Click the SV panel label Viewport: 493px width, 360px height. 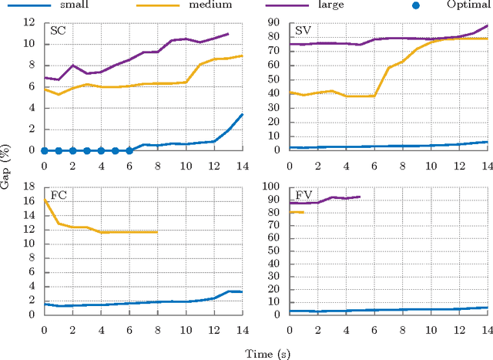click(303, 32)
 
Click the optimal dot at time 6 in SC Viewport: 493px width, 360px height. click(129, 150)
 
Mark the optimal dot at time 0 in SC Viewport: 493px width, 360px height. click(44, 150)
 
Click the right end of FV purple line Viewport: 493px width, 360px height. click(360, 197)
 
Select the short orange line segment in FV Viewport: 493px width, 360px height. click(297, 212)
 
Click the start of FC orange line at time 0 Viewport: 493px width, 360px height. click(44, 200)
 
